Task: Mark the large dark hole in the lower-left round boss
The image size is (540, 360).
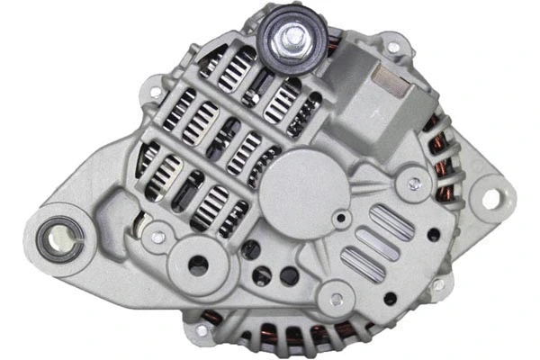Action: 198,265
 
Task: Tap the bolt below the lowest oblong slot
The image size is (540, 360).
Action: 338,293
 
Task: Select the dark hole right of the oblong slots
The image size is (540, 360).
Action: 434,235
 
